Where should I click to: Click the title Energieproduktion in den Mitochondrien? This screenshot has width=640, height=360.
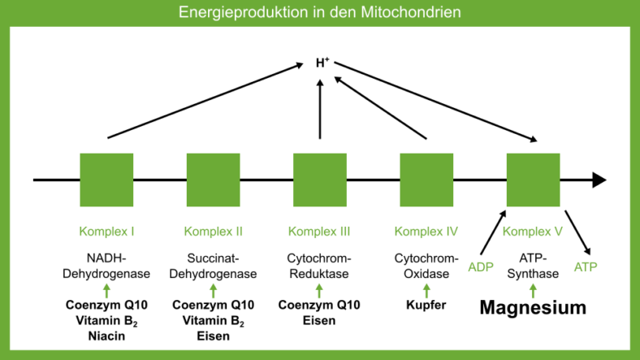tap(320, 12)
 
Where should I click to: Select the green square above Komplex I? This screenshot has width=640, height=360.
tap(106, 180)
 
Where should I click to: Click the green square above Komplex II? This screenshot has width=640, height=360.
tap(213, 180)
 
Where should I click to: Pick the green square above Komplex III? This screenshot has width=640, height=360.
tap(320, 180)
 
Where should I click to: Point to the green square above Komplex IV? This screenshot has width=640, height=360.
tap(426, 180)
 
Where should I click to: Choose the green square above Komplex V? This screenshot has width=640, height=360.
tap(533, 180)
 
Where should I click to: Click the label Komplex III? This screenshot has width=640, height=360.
tap(319, 232)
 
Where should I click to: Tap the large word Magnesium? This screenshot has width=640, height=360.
tap(532, 308)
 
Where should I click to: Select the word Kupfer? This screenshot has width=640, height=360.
tap(426, 306)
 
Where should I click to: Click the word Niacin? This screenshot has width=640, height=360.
tap(106, 336)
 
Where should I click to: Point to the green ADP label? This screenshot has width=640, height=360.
tap(481, 267)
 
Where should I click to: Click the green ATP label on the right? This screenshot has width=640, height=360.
tap(585, 267)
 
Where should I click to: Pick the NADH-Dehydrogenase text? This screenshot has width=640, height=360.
tap(106, 267)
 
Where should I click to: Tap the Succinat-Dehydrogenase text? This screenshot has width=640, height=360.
tap(213, 267)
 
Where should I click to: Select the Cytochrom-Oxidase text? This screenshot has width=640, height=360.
tap(426, 267)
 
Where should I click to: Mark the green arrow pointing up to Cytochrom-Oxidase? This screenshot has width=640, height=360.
tap(426, 289)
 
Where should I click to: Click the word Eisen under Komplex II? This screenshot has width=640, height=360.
tap(213, 336)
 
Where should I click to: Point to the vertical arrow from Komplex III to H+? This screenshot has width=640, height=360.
tap(320, 110)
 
